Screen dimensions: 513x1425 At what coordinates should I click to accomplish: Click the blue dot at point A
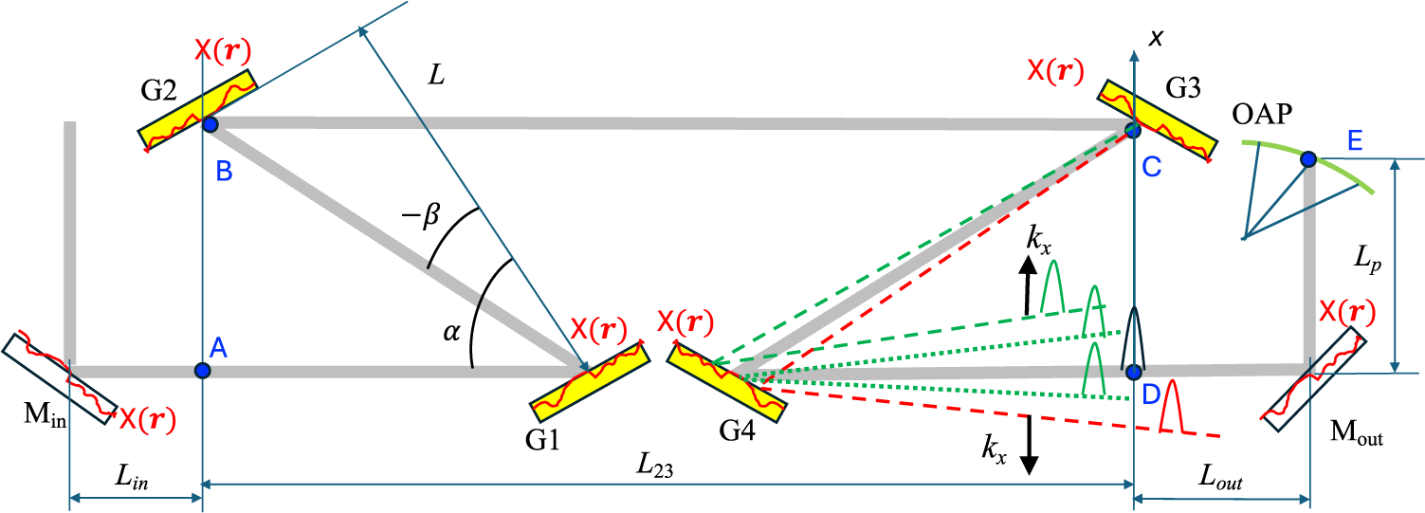tap(202, 370)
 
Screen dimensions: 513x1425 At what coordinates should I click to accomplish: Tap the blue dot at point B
tap(210, 124)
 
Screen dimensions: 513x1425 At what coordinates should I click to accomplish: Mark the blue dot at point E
tap(1307, 159)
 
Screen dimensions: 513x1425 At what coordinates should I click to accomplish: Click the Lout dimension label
tap(1222, 482)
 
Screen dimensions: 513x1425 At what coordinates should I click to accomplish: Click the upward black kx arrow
tap(1028, 289)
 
